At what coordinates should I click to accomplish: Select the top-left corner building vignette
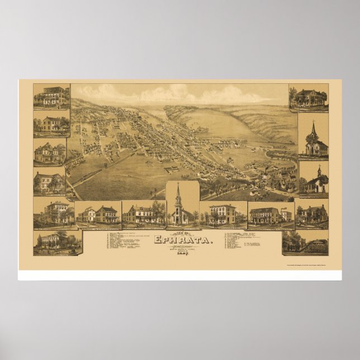point(51,97)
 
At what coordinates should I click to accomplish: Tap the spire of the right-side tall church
point(313,130)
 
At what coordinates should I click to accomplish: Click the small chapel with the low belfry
point(314,179)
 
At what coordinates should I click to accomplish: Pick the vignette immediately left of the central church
point(143,215)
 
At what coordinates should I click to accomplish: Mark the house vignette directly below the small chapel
point(312,215)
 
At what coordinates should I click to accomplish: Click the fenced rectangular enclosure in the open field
point(172,168)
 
